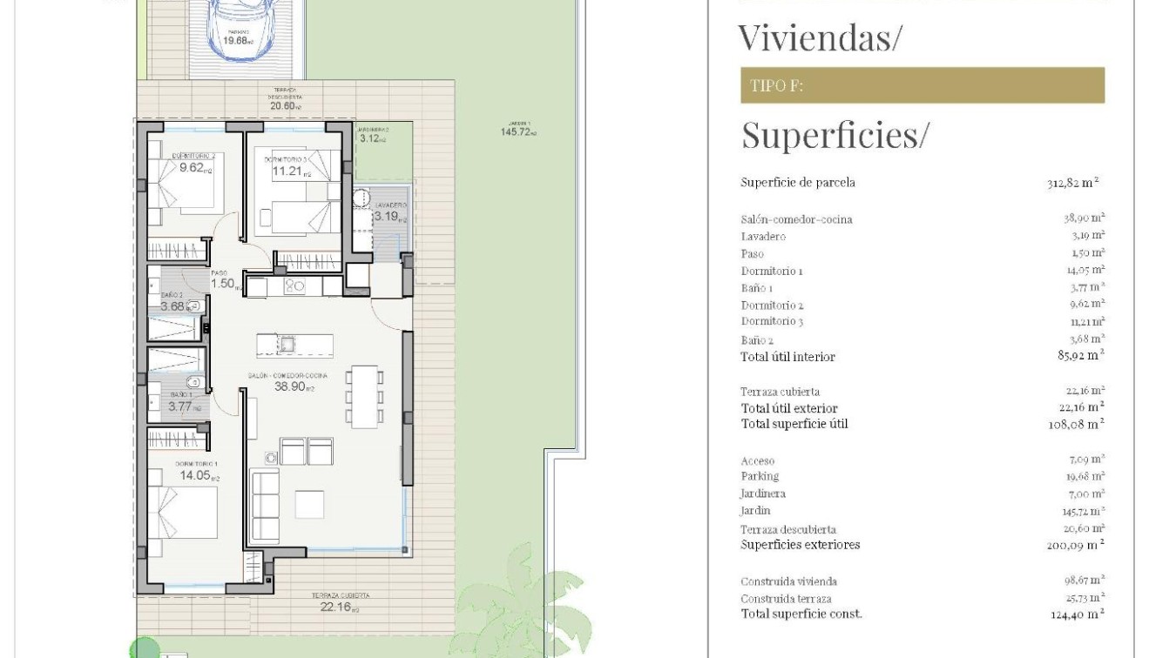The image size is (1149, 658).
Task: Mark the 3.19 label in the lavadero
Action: (x=389, y=217)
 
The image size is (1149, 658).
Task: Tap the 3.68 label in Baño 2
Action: (x=175, y=305)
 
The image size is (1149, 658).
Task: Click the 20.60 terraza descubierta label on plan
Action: (x=285, y=106)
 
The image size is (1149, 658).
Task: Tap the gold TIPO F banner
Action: (x=922, y=85)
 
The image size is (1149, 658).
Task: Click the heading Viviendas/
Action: (x=820, y=37)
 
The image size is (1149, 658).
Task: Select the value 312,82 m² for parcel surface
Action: (x=1072, y=183)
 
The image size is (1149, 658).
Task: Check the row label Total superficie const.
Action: (x=801, y=614)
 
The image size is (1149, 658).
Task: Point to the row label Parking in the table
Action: (x=760, y=476)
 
